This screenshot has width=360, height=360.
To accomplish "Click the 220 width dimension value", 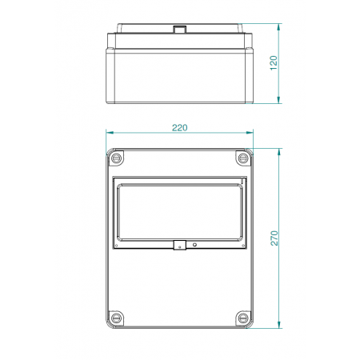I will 180,127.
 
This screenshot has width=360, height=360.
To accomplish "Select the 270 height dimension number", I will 274,238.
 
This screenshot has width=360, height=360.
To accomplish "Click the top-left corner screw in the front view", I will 118,158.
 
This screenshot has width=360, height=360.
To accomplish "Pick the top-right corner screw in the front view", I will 242,158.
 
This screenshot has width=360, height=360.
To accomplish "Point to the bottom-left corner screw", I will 118,317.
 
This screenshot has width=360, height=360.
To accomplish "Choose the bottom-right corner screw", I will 242,317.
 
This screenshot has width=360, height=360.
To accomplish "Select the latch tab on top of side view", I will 180,30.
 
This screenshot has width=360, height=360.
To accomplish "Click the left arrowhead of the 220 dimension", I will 109,134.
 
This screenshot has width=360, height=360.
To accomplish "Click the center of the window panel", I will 180,212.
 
